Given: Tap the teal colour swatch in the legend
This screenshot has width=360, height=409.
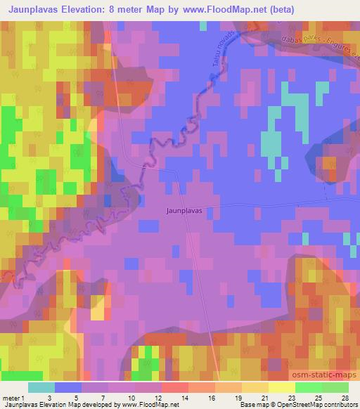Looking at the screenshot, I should click(x=41, y=387).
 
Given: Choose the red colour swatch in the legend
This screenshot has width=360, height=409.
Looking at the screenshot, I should click(x=174, y=387).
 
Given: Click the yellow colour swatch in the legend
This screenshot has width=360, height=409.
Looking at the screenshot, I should click(x=281, y=387).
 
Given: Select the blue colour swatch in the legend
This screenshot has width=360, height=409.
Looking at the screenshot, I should click(x=68, y=387).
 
